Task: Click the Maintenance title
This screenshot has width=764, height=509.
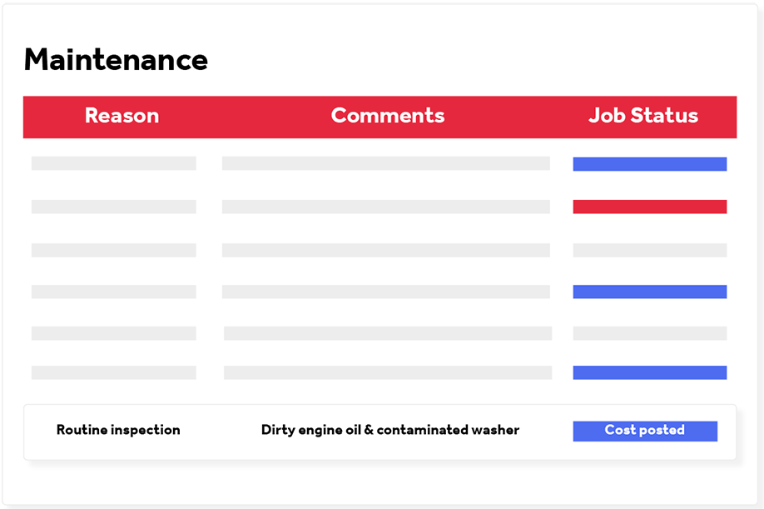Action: coord(116,59)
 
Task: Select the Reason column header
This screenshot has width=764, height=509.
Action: coord(122,116)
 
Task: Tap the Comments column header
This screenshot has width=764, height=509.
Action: coord(388,116)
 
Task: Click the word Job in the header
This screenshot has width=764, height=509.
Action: coord(606,116)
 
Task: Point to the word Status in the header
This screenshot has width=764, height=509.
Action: coord(664,116)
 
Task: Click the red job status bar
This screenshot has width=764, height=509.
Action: coord(649,207)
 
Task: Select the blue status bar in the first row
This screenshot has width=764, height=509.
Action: coord(649,164)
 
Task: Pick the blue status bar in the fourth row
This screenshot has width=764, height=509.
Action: coord(649,292)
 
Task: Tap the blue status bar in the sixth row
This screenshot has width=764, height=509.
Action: coord(649,372)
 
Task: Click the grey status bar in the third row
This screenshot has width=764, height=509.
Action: coord(649,250)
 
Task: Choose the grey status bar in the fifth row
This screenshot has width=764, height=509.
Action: coord(649,333)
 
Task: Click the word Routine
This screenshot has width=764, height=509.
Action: coord(82,430)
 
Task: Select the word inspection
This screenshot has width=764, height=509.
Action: coord(146,430)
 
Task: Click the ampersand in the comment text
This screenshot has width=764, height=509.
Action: coord(369,430)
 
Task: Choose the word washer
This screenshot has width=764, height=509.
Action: coord(495,430)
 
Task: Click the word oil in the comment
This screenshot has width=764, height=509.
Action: coord(353,430)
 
